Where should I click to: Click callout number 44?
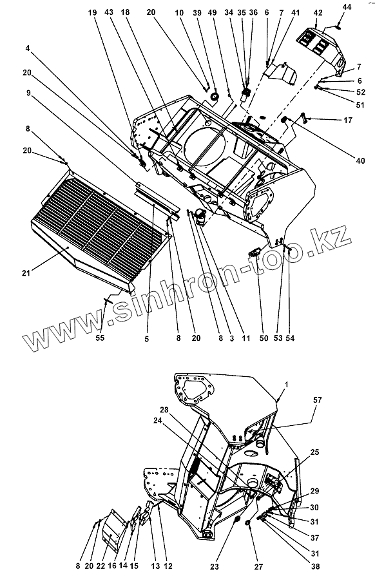pyautogui.click(x=347, y=7)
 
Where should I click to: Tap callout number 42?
pyautogui.click(x=318, y=13)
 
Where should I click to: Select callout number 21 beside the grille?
pyautogui.click(x=26, y=273)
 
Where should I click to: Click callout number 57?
pyautogui.click(x=318, y=399)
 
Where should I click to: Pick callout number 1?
pyautogui.click(x=287, y=385)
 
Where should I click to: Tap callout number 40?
pyautogui.click(x=360, y=160)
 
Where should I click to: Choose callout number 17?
pyautogui.click(x=348, y=120)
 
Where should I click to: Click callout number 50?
pyautogui.click(x=264, y=338)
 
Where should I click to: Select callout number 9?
pyautogui.click(x=28, y=93)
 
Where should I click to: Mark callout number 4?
pyautogui.click(x=28, y=48)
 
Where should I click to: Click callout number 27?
pyautogui.click(x=258, y=566)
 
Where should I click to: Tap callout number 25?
pyautogui.click(x=315, y=452)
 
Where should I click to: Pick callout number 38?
pyautogui.click(x=315, y=566)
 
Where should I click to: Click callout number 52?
pyautogui.click(x=361, y=92)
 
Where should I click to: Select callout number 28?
pyautogui.click(x=164, y=410)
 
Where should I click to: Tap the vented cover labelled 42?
pyautogui.click(x=321, y=48)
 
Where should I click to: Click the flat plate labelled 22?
pyautogui.click(x=114, y=530)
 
